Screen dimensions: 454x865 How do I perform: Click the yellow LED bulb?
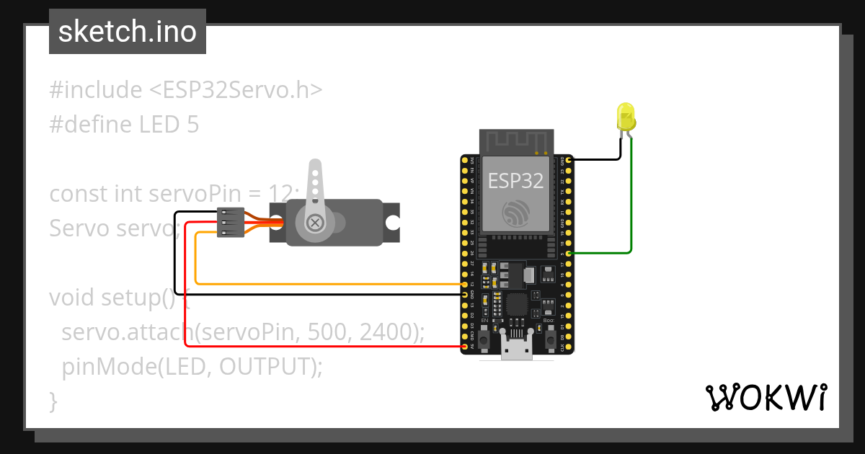(625, 117)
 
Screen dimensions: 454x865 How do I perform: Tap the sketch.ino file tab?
(128, 32)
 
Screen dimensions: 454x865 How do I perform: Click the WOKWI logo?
(765, 397)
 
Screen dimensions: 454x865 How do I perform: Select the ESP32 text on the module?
(515, 180)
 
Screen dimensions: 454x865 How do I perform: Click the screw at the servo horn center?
(315, 223)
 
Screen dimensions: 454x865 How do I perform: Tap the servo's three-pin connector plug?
(230, 223)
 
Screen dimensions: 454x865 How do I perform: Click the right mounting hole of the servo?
(391, 223)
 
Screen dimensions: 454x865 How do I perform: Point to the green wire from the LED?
(631, 202)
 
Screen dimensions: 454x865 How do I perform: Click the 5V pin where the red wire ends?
(464, 347)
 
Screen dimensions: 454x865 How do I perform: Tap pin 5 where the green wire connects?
(569, 254)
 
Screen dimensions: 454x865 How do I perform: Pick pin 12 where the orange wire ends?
(464, 285)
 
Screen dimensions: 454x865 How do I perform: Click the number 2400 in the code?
(387, 332)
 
